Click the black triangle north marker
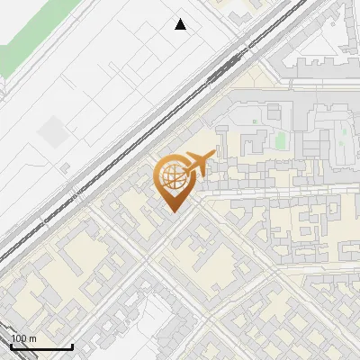pos(181,24)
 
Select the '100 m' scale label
pos(23,338)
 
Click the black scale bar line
pos(40,346)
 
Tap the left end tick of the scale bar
pos(10,345)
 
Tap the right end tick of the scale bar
pos(72,345)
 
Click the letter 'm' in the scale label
pos(32,338)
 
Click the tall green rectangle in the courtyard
pos(280,140)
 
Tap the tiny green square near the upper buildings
pos(255,121)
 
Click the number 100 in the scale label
pos(19,338)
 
